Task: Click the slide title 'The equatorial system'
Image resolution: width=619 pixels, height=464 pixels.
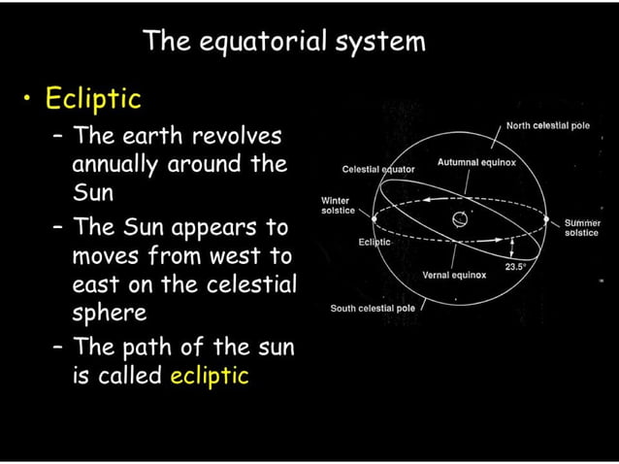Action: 283,42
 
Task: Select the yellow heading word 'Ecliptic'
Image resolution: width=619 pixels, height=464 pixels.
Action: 97,99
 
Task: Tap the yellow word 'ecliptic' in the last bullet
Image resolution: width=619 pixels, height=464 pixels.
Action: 209,375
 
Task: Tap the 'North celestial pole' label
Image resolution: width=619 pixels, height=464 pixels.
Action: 547,126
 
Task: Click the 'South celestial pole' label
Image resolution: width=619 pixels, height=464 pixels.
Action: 373,308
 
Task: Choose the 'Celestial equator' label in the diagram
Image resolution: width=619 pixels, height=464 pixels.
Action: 378,169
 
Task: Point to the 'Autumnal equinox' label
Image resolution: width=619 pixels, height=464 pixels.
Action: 476,162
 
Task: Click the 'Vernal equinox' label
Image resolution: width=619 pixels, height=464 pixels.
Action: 455,275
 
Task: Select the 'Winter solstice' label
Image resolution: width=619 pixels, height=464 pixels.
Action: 337,206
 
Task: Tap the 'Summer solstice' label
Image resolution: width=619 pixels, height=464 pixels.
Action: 582,228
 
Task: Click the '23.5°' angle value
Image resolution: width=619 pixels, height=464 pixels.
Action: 514,265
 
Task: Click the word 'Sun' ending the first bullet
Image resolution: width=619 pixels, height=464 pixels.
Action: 92,191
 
